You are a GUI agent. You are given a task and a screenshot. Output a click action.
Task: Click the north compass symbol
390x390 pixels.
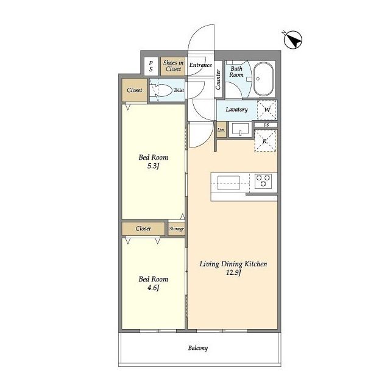pyautogui.click(x=292, y=40)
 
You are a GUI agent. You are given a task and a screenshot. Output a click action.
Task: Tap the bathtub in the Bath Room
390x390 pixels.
pyautogui.click(x=264, y=79)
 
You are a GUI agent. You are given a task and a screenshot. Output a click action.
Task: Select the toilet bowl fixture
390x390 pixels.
pyautogui.click(x=162, y=91)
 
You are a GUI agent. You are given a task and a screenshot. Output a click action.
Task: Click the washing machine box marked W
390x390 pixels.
pyautogui.click(x=267, y=110)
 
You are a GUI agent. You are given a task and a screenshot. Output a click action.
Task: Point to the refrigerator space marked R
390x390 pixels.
pyautogui.click(x=266, y=141)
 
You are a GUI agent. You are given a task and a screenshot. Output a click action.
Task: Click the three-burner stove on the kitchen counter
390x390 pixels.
pyautogui.click(x=263, y=181)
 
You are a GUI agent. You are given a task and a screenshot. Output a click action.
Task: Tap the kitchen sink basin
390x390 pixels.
pyautogui.click(x=229, y=183)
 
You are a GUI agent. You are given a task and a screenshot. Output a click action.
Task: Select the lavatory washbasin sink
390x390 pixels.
pyautogui.click(x=240, y=129)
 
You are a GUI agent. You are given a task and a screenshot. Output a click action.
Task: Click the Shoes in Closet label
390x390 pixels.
pyautogui.click(x=173, y=66)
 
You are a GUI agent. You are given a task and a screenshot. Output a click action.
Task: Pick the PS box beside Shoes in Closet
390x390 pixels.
pyautogui.click(x=151, y=66)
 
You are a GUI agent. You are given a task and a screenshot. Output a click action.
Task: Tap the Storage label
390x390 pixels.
pyautogui.click(x=176, y=229)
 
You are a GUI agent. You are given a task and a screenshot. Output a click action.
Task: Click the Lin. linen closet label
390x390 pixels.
pyautogui.click(x=221, y=130)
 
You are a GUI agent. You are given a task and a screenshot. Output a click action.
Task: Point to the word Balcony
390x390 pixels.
pyautogui.click(x=198, y=348)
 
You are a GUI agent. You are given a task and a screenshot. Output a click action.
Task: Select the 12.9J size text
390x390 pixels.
pyautogui.click(x=233, y=272)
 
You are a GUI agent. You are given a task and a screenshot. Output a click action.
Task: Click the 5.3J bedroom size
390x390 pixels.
pyautogui.click(x=153, y=166)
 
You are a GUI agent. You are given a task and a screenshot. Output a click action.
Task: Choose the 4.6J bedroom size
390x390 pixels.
pyautogui.click(x=153, y=288)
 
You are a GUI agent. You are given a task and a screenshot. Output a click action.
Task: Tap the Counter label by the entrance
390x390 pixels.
pyautogui.click(x=218, y=80)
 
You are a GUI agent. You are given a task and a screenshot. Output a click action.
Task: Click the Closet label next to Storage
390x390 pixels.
pyautogui.click(x=143, y=229)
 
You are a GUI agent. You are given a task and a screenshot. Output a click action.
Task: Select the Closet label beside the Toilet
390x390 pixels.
pyautogui.click(x=134, y=90)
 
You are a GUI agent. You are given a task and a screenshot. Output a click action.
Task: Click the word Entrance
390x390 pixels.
pyautogui.click(x=200, y=65)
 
